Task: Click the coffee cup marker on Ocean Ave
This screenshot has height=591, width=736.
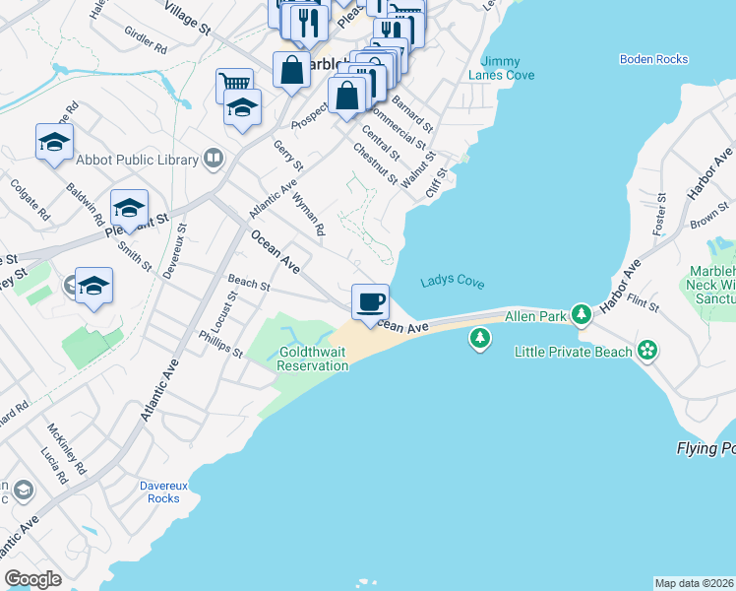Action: pyautogui.click(x=370, y=301)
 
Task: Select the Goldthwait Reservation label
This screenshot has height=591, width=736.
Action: pyautogui.click(x=313, y=359)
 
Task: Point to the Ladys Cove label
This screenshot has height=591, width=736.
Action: pyautogui.click(x=453, y=282)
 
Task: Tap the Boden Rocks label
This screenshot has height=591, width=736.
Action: pyautogui.click(x=653, y=59)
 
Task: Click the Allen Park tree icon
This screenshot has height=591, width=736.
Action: pyautogui.click(x=583, y=315)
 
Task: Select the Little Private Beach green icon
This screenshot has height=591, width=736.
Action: pyautogui.click(x=647, y=349)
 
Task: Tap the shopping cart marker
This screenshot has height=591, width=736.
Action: pyautogui.click(x=234, y=84)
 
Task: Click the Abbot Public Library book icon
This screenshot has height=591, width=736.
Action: pyautogui.click(x=213, y=160)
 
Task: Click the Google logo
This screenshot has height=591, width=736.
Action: pyautogui.click(x=33, y=578)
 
